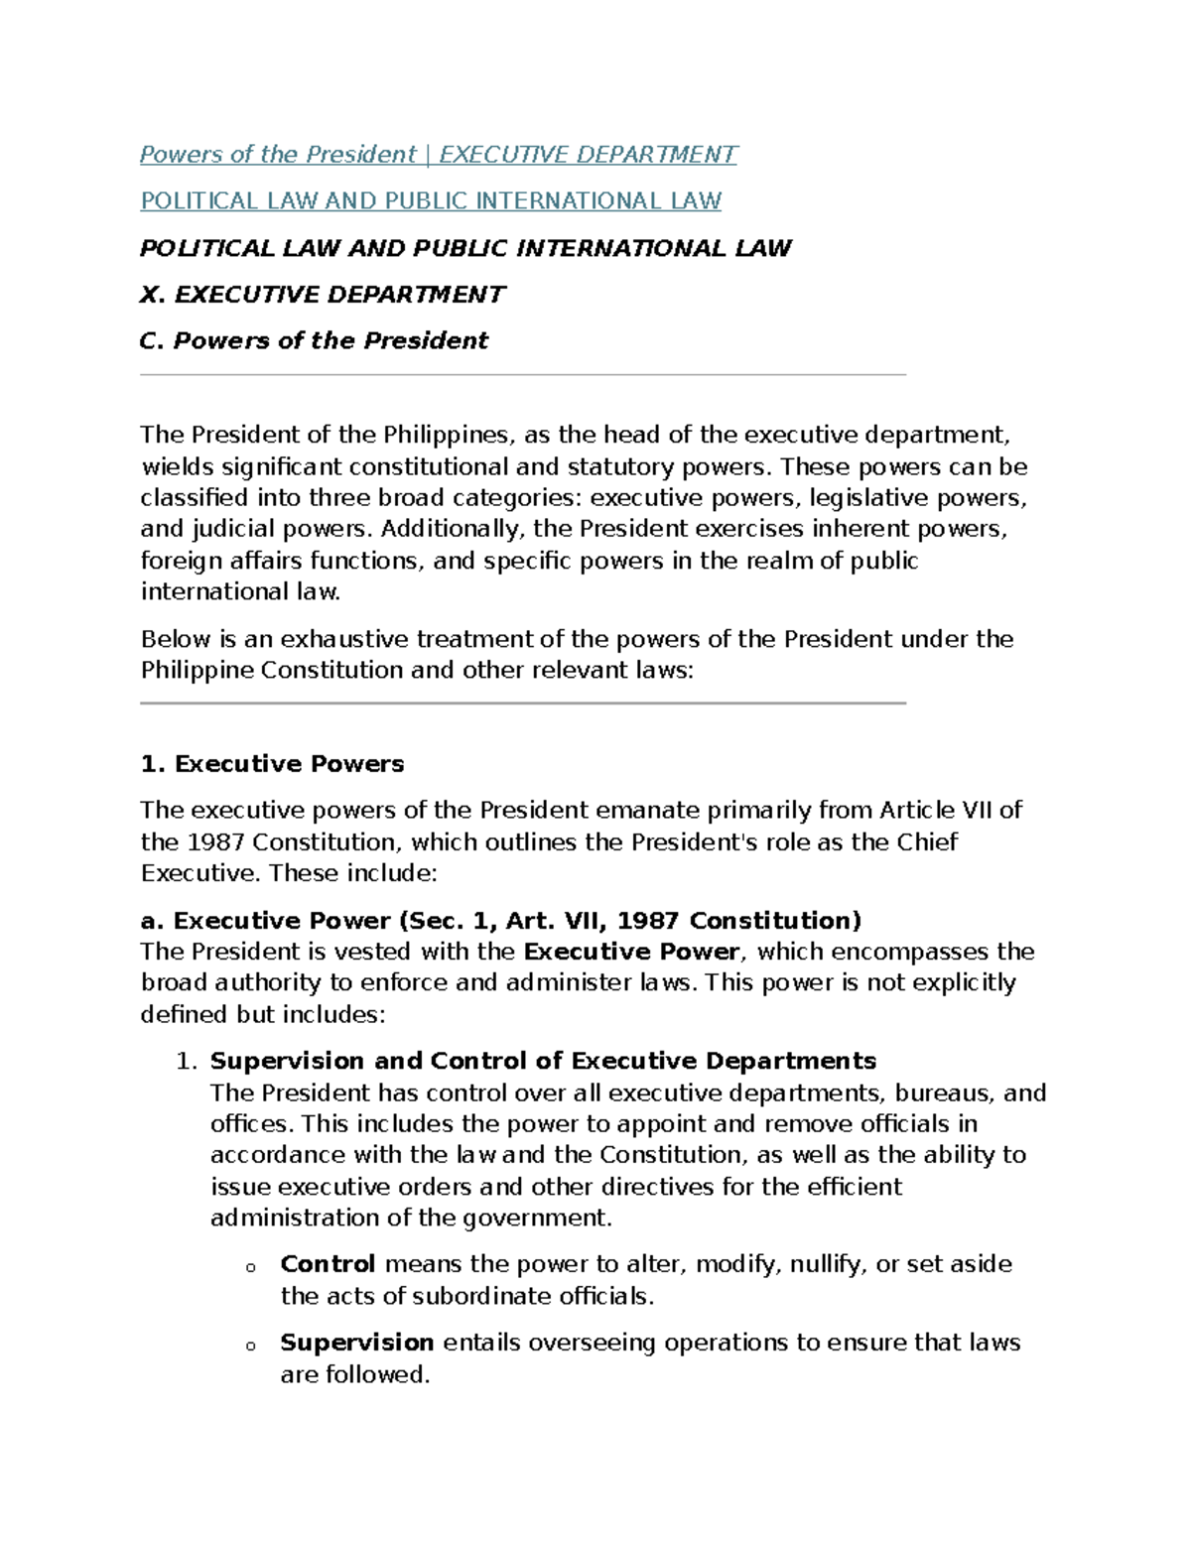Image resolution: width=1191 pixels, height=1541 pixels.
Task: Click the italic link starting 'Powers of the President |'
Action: pos(438,155)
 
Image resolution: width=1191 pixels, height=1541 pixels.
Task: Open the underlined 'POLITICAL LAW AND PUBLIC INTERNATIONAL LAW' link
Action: pos(431,201)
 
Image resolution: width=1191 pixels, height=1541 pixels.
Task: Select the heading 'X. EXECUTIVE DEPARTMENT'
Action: pos(323,295)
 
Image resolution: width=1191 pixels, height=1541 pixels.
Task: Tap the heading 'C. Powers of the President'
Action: pos(314,341)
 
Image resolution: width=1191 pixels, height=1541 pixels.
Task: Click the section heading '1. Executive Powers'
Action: pos(272,764)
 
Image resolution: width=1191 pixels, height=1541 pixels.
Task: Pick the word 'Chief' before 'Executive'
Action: pos(927,842)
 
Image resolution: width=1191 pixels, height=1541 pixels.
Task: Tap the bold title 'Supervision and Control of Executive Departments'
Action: pos(543,1062)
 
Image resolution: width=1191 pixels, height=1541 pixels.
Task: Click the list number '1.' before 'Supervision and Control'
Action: pos(187,1062)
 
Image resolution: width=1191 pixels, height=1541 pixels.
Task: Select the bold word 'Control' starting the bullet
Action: pos(328,1265)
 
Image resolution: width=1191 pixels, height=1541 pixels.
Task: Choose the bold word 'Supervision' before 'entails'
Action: pos(356,1344)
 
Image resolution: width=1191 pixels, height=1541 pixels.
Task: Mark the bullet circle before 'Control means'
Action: pos(250,1268)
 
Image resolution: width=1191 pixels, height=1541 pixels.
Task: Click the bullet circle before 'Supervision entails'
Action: pos(250,1347)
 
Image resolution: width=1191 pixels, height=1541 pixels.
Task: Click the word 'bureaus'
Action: pos(943,1093)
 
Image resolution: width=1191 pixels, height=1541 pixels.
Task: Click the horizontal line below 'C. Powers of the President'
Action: pos(523,375)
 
